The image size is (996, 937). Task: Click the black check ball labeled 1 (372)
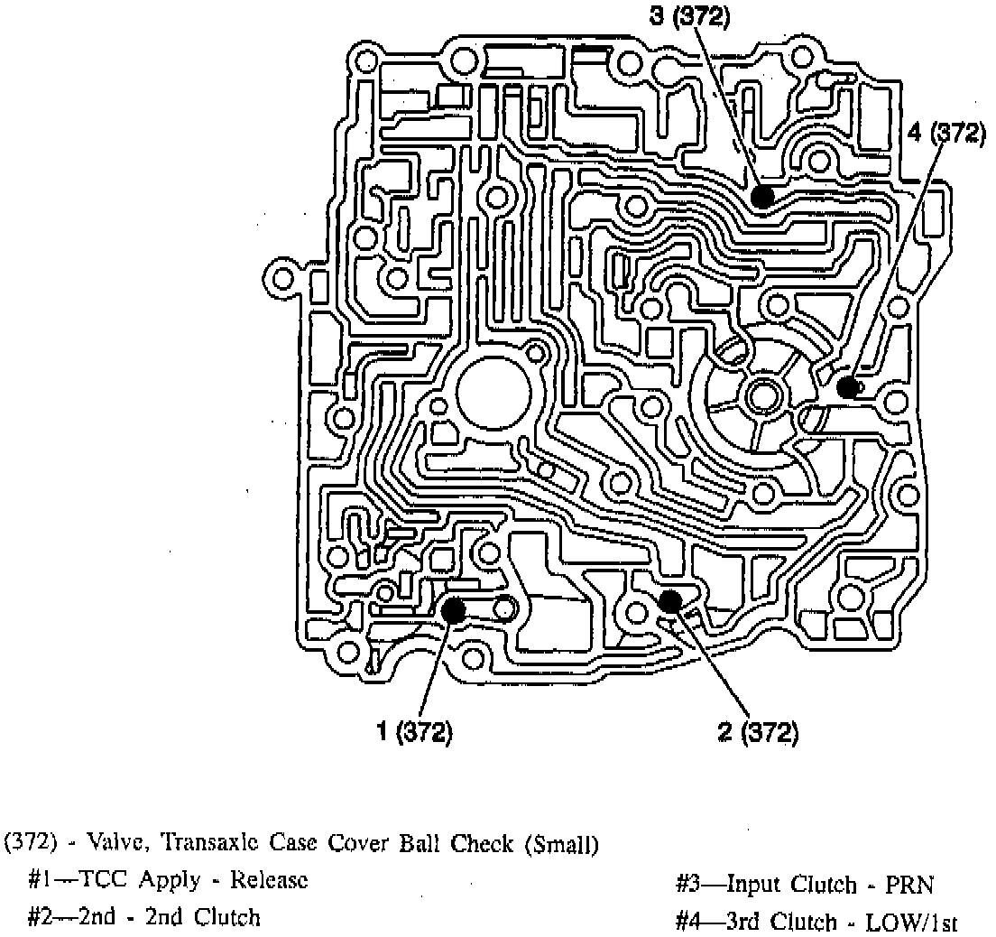[453, 610]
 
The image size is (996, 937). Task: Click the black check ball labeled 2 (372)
[670, 600]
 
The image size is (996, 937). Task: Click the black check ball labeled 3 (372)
[763, 196]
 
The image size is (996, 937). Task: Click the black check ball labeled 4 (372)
[846, 387]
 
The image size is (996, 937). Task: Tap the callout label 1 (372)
[414, 732]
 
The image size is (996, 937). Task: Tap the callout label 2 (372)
[758, 732]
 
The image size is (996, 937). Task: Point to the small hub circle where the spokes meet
[762, 394]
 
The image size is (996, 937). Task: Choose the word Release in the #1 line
[269, 880]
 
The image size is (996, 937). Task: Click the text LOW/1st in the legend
[910, 923]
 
